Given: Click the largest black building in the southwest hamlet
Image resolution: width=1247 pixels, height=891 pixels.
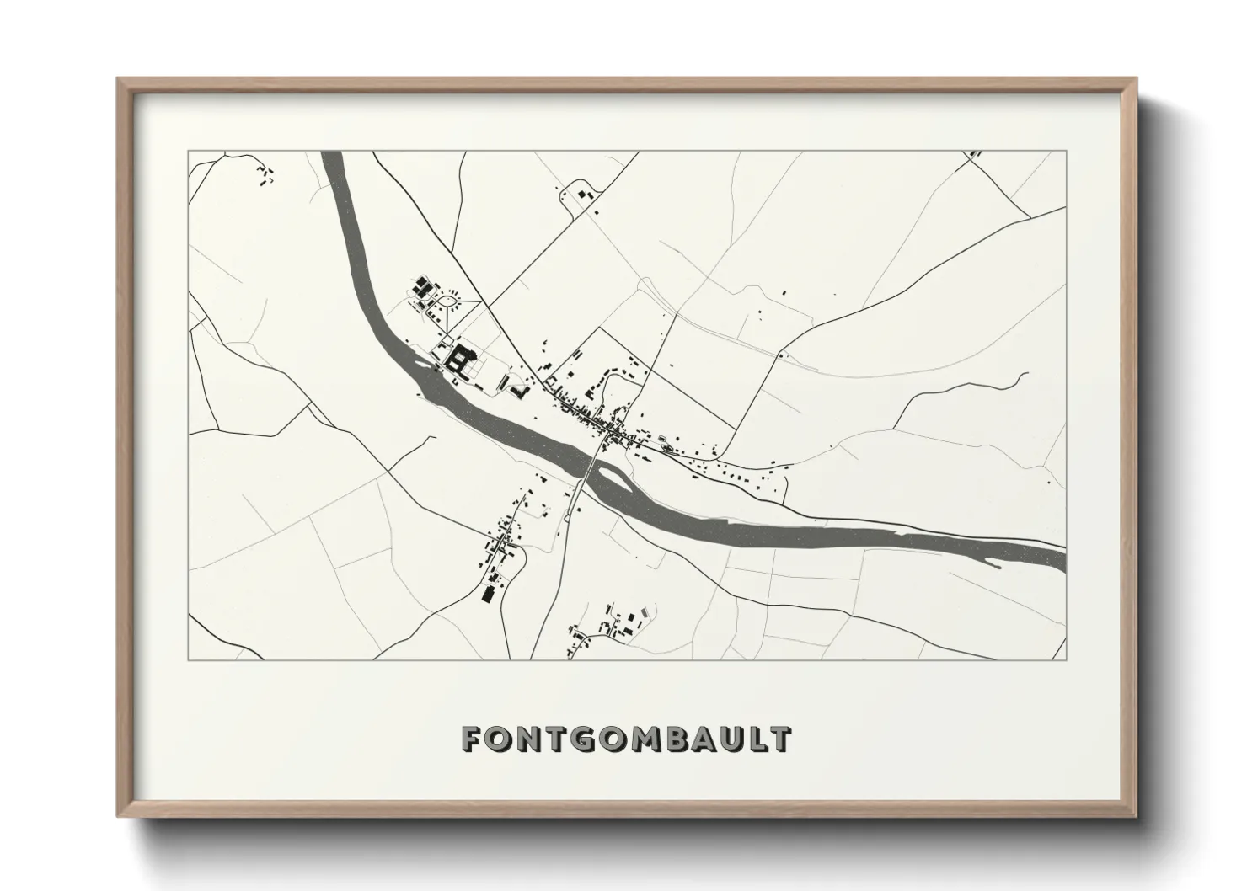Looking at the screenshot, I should point(486,594).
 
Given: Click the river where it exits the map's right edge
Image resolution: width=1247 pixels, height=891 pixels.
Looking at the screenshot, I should point(1063,558).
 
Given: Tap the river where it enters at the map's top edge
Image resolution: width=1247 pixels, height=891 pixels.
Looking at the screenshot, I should point(331,153).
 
